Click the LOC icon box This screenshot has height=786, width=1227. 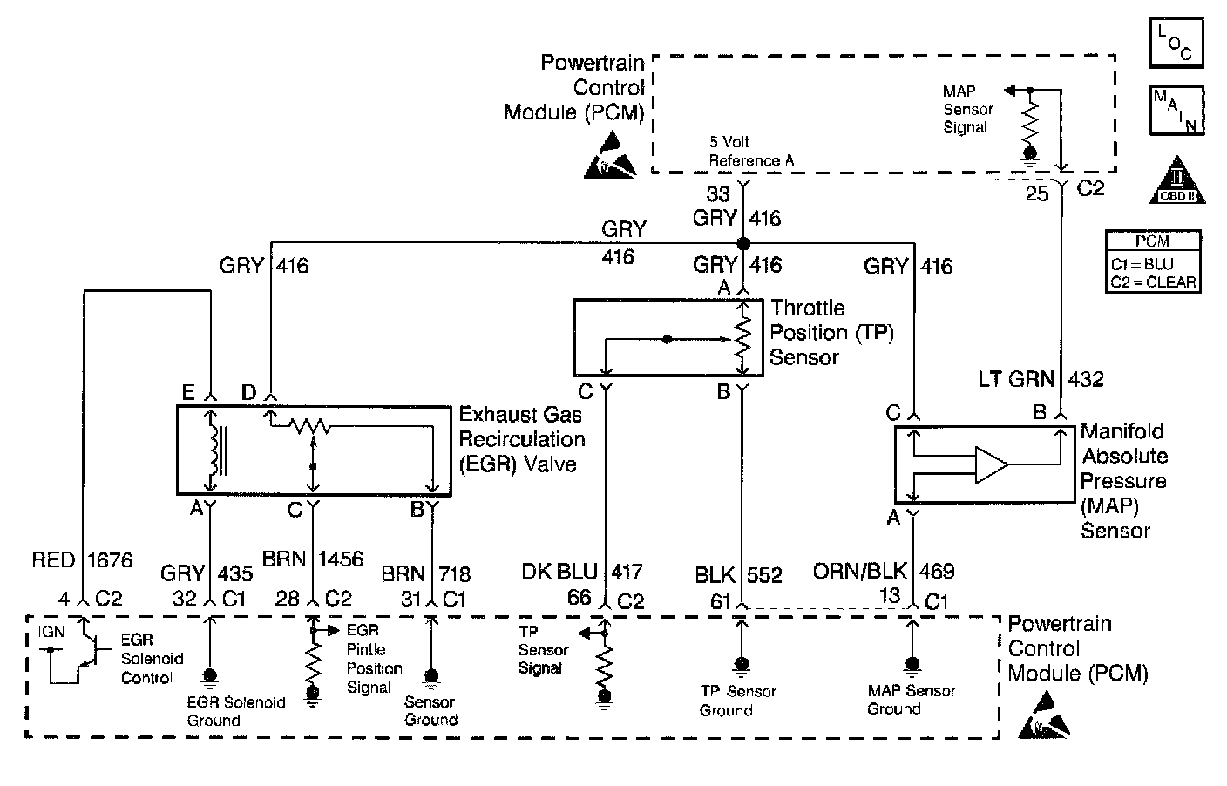1176,41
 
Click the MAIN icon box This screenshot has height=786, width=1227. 1176,109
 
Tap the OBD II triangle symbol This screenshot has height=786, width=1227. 1176,181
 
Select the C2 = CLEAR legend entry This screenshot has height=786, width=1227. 1153,282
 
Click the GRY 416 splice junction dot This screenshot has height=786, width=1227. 743,243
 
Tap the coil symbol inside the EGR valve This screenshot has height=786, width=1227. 211,451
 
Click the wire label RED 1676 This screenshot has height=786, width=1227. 82,559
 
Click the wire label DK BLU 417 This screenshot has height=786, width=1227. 581,572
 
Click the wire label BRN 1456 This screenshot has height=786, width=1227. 314,559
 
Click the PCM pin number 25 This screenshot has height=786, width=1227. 1036,193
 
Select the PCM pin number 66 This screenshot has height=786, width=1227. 579,598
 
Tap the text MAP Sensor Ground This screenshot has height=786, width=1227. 911,700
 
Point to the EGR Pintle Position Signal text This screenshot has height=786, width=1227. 374,659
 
